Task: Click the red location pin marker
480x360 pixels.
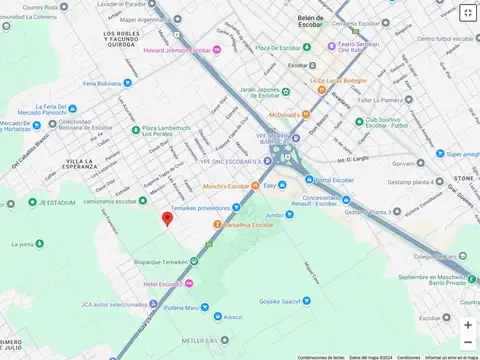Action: (x=167, y=219)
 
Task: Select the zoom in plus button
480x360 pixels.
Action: (x=467, y=324)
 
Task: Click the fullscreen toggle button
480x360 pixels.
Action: (x=467, y=13)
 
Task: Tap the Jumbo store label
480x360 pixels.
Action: (x=275, y=214)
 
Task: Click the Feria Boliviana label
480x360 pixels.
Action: (x=107, y=83)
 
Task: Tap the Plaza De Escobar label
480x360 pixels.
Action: (x=279, y=47)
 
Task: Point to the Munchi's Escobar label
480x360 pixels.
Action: (x=224, y=187)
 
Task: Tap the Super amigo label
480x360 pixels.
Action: (x=462, y=154)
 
